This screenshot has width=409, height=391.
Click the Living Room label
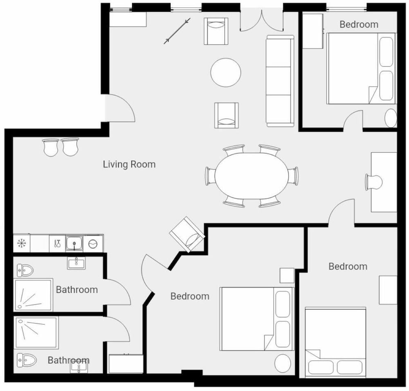click(x=129, y=164)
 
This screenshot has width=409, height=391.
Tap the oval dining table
click(x=252, y=176)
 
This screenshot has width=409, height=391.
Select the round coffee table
click(x=226, y=72)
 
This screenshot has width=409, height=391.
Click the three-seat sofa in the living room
click(x=280, y=81)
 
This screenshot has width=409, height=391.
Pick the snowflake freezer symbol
click(x=22, y=243)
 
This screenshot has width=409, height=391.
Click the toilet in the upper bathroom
click(x=25, y=270)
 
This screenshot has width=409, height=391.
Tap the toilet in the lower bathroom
click(x=26, y=360)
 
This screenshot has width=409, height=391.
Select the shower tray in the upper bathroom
click(x=33, y=295)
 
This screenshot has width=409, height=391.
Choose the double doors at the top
click(x=262, y=20)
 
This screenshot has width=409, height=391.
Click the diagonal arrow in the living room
click(x=177, y=31)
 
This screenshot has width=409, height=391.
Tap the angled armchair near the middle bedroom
click(x=187, y=234)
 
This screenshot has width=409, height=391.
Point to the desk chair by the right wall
click(x=373, y=182)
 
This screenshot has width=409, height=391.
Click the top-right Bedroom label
click(x=359, y=24)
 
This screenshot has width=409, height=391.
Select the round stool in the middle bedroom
click(x=283, y=363)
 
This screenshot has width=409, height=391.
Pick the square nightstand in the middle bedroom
click(x=287, y=275)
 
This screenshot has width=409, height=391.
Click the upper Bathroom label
click(x=77, y=290)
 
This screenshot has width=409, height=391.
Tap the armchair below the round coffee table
click(x=227, y=115)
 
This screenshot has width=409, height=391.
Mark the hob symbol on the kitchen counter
click(x=92, y=244)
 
